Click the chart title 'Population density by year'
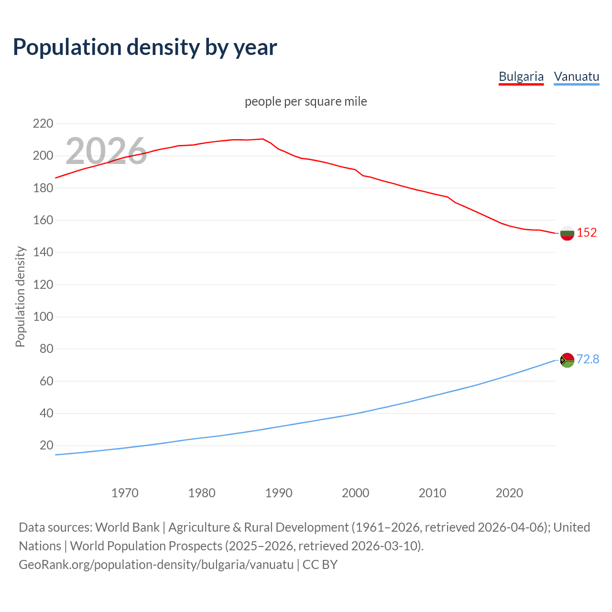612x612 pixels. tap(145, 47)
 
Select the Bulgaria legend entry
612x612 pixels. tap(521, 77)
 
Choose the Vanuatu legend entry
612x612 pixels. tap(576, 77)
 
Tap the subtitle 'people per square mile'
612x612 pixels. tap(306, 102)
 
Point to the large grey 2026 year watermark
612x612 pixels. tap(106, 151)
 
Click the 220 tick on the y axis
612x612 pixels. tap(43, 124)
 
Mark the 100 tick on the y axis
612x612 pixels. tap(43, 317)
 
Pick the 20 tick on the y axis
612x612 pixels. tap(46, 446)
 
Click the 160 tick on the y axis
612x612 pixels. tap(43, 220)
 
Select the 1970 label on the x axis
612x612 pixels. tap(125, 493)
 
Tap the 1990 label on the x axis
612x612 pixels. tap(279, 493)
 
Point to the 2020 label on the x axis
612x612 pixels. tap(509, 493)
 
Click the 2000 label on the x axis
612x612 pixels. tap(355, 493)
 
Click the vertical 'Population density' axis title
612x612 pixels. tap(20, 296)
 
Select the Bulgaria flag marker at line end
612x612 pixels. tap(567, 233)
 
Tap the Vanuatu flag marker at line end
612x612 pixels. tap(567, 360)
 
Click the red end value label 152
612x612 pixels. tap(587, 233)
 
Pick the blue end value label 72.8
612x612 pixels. tap(588, 359)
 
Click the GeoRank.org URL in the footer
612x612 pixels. tap(156, 565)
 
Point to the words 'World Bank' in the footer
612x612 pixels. tap(127, 527)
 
